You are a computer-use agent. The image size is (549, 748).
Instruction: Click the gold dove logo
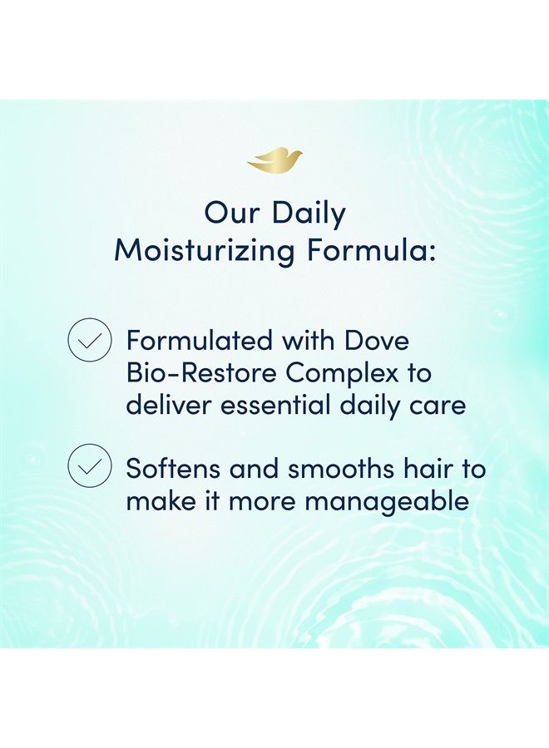pyautogui.click(x=274, y=160)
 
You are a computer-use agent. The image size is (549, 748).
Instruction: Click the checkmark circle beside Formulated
pyautogui.click(x=89, y=341)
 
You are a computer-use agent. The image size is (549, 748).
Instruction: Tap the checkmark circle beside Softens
pyautogui.click(x=89, y=467)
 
